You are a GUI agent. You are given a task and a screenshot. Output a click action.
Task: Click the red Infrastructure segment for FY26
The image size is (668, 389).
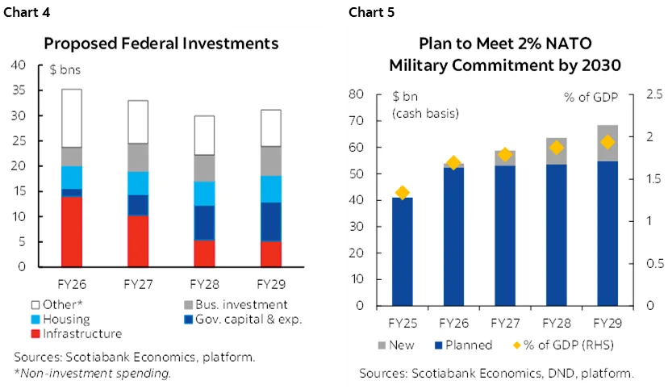pyautogui.click(x=72, y=232)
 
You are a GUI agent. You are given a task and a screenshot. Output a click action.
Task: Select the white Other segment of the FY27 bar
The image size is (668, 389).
pyautogui.click(x=138, y=122)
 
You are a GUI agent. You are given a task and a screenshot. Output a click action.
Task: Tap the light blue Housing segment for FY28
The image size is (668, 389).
pyautogui.click(x=204, y=194)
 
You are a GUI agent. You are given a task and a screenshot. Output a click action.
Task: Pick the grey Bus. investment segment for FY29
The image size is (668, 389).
pyautogui.click(x=270, y=161)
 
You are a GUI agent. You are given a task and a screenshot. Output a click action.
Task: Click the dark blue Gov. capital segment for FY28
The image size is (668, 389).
pyautogui.click(x=204, y=223)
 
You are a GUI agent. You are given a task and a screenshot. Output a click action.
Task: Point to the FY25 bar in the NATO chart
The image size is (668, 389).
pyautogui.click(x=402, y=252)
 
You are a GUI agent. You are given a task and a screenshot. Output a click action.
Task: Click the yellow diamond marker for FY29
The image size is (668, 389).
pyautogui.click(x=608, y=142)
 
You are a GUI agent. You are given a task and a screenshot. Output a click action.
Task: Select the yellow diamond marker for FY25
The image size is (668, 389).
pyautogui.click(x=402, y=193)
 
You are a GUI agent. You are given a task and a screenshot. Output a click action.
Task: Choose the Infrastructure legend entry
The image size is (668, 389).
pyautogui.click(x=77, y=333)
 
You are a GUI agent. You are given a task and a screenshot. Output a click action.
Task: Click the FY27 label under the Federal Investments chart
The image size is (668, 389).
pyautogui.click(x=138, y=285)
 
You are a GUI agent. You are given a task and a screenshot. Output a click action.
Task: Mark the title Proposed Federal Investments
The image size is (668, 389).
pyautogui.click(x=161, y=43)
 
